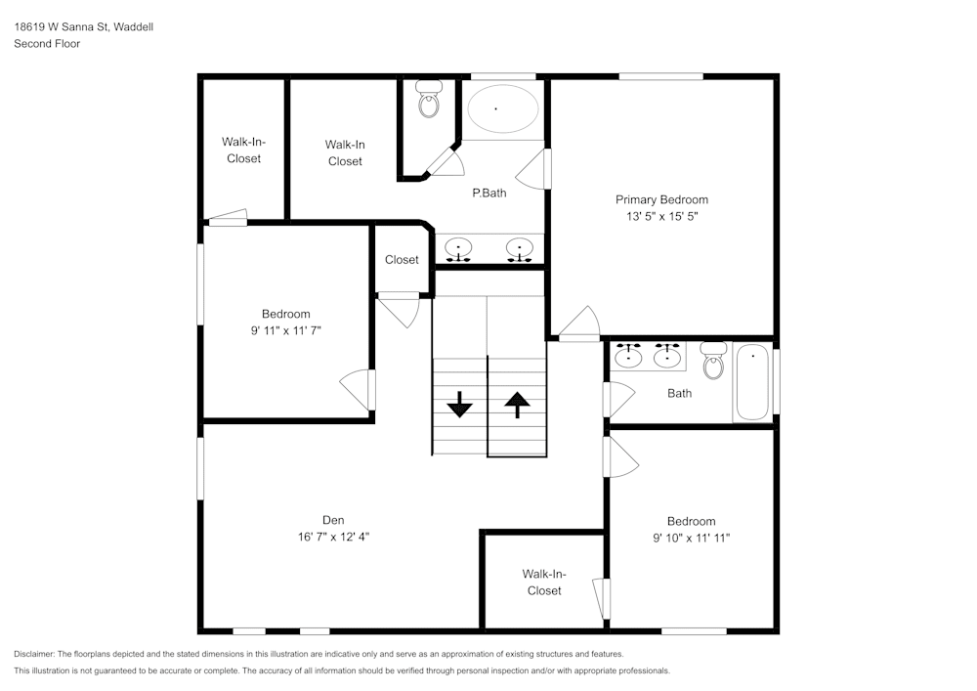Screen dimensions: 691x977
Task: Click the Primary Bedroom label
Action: click(661, 199)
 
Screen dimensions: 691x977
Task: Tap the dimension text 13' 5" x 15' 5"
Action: click(661, 216)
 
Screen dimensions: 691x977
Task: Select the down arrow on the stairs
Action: click(459, 403)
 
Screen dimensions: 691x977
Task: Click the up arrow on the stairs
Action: click(516, 403)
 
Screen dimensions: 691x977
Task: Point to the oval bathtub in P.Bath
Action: click(502, 109)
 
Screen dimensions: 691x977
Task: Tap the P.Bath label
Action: click(488, 194)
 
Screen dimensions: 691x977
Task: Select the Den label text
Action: click(333, 520)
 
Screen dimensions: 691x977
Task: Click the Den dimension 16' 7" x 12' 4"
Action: click(333, 537)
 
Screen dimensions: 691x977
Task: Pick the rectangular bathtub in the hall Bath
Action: click(752, 382)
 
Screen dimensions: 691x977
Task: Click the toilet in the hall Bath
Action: click(713, 361)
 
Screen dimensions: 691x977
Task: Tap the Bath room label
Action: click(679, 393)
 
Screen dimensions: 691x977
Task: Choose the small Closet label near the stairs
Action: click(402, 260)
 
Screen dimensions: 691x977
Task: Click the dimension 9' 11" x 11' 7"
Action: click(285, 330)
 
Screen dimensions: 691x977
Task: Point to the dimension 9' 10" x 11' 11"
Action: click(692, 538)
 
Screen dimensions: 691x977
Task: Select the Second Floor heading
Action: click(47, 44)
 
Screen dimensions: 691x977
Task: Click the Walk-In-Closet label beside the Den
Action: click(544, 583)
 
